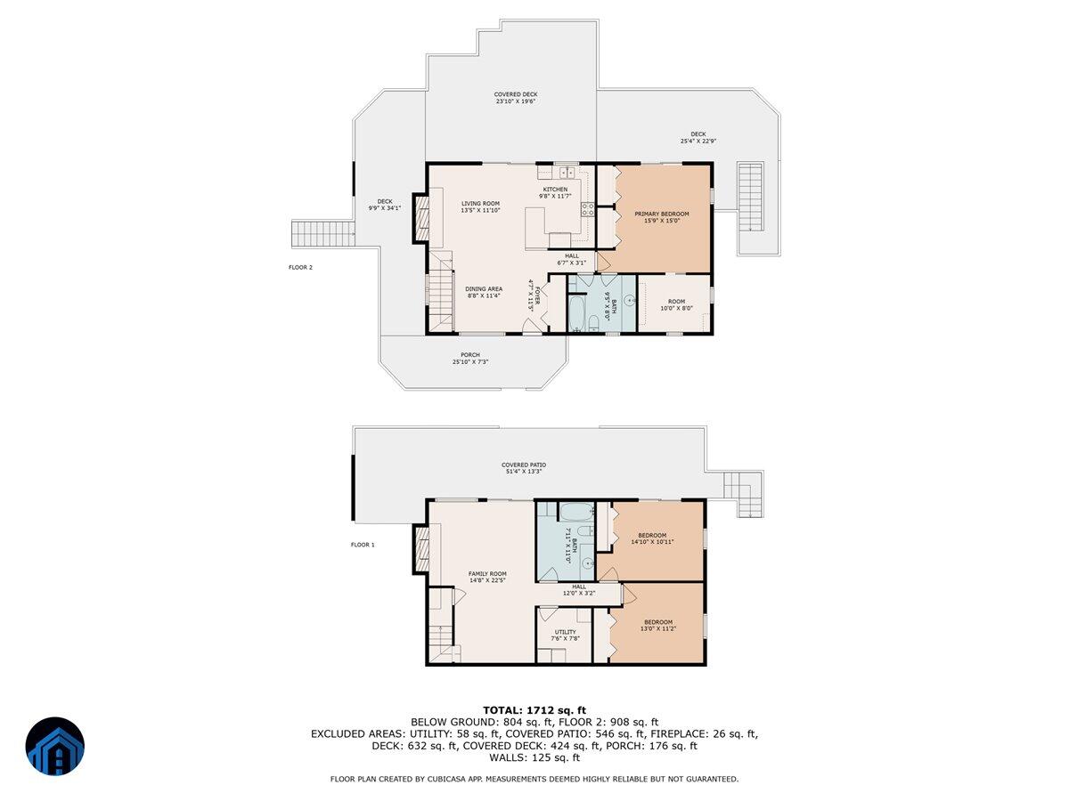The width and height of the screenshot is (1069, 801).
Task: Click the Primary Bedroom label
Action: coord(661,217)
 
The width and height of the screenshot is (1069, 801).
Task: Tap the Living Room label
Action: coord(480,206)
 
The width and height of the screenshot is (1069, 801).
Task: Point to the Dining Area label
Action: coord(483,292)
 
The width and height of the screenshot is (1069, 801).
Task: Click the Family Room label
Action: coord(487,577)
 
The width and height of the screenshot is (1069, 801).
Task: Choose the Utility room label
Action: coord(565,635)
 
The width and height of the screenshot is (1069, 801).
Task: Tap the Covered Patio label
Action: coord(524,468)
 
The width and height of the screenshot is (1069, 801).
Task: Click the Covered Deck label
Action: coord(516,98)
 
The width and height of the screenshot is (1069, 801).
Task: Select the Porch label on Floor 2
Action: coord(470,358)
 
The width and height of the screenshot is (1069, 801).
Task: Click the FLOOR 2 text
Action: coord(300,267)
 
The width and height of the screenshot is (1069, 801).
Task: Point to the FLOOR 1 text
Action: coord(363,545)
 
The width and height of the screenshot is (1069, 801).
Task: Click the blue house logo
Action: coord(54,746)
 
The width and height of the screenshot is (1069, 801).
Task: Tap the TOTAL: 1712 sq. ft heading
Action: coord(534,709)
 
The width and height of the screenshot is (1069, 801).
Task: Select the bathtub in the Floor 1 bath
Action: coord(575,513)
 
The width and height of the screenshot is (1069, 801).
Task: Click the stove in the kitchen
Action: coord(588,210)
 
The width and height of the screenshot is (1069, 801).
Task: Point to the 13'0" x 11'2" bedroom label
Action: coord(658,625)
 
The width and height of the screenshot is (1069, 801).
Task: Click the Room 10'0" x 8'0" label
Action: coord(673,305)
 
